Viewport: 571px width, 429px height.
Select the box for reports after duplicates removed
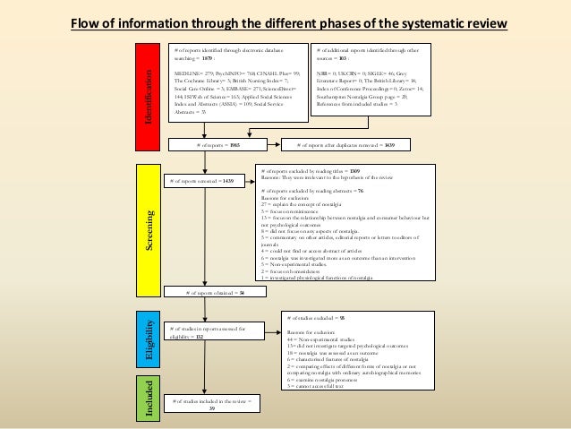(x=345, y=143)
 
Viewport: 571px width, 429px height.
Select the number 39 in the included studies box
(x=211, y=415)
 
